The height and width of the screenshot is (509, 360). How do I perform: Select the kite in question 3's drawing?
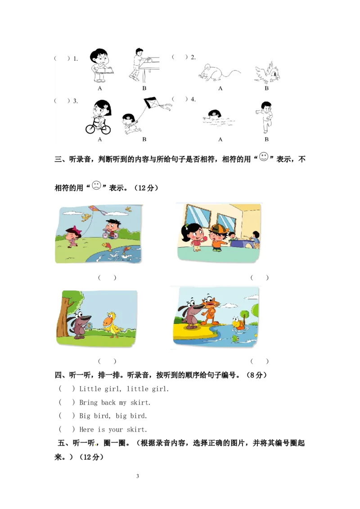[153, 104]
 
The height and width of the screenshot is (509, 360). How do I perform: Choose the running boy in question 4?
[265, 117]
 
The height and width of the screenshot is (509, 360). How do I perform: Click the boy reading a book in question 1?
[101, 66]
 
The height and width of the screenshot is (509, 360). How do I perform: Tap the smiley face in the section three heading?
[264, 157]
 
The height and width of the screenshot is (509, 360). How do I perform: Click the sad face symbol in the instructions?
[96, 185]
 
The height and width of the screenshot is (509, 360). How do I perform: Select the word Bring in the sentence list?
[88, 402]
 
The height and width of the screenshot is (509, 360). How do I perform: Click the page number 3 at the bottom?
[137, 476]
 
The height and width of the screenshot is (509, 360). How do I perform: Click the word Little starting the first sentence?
[90, 389]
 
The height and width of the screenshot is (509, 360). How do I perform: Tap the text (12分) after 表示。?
[146, 188]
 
